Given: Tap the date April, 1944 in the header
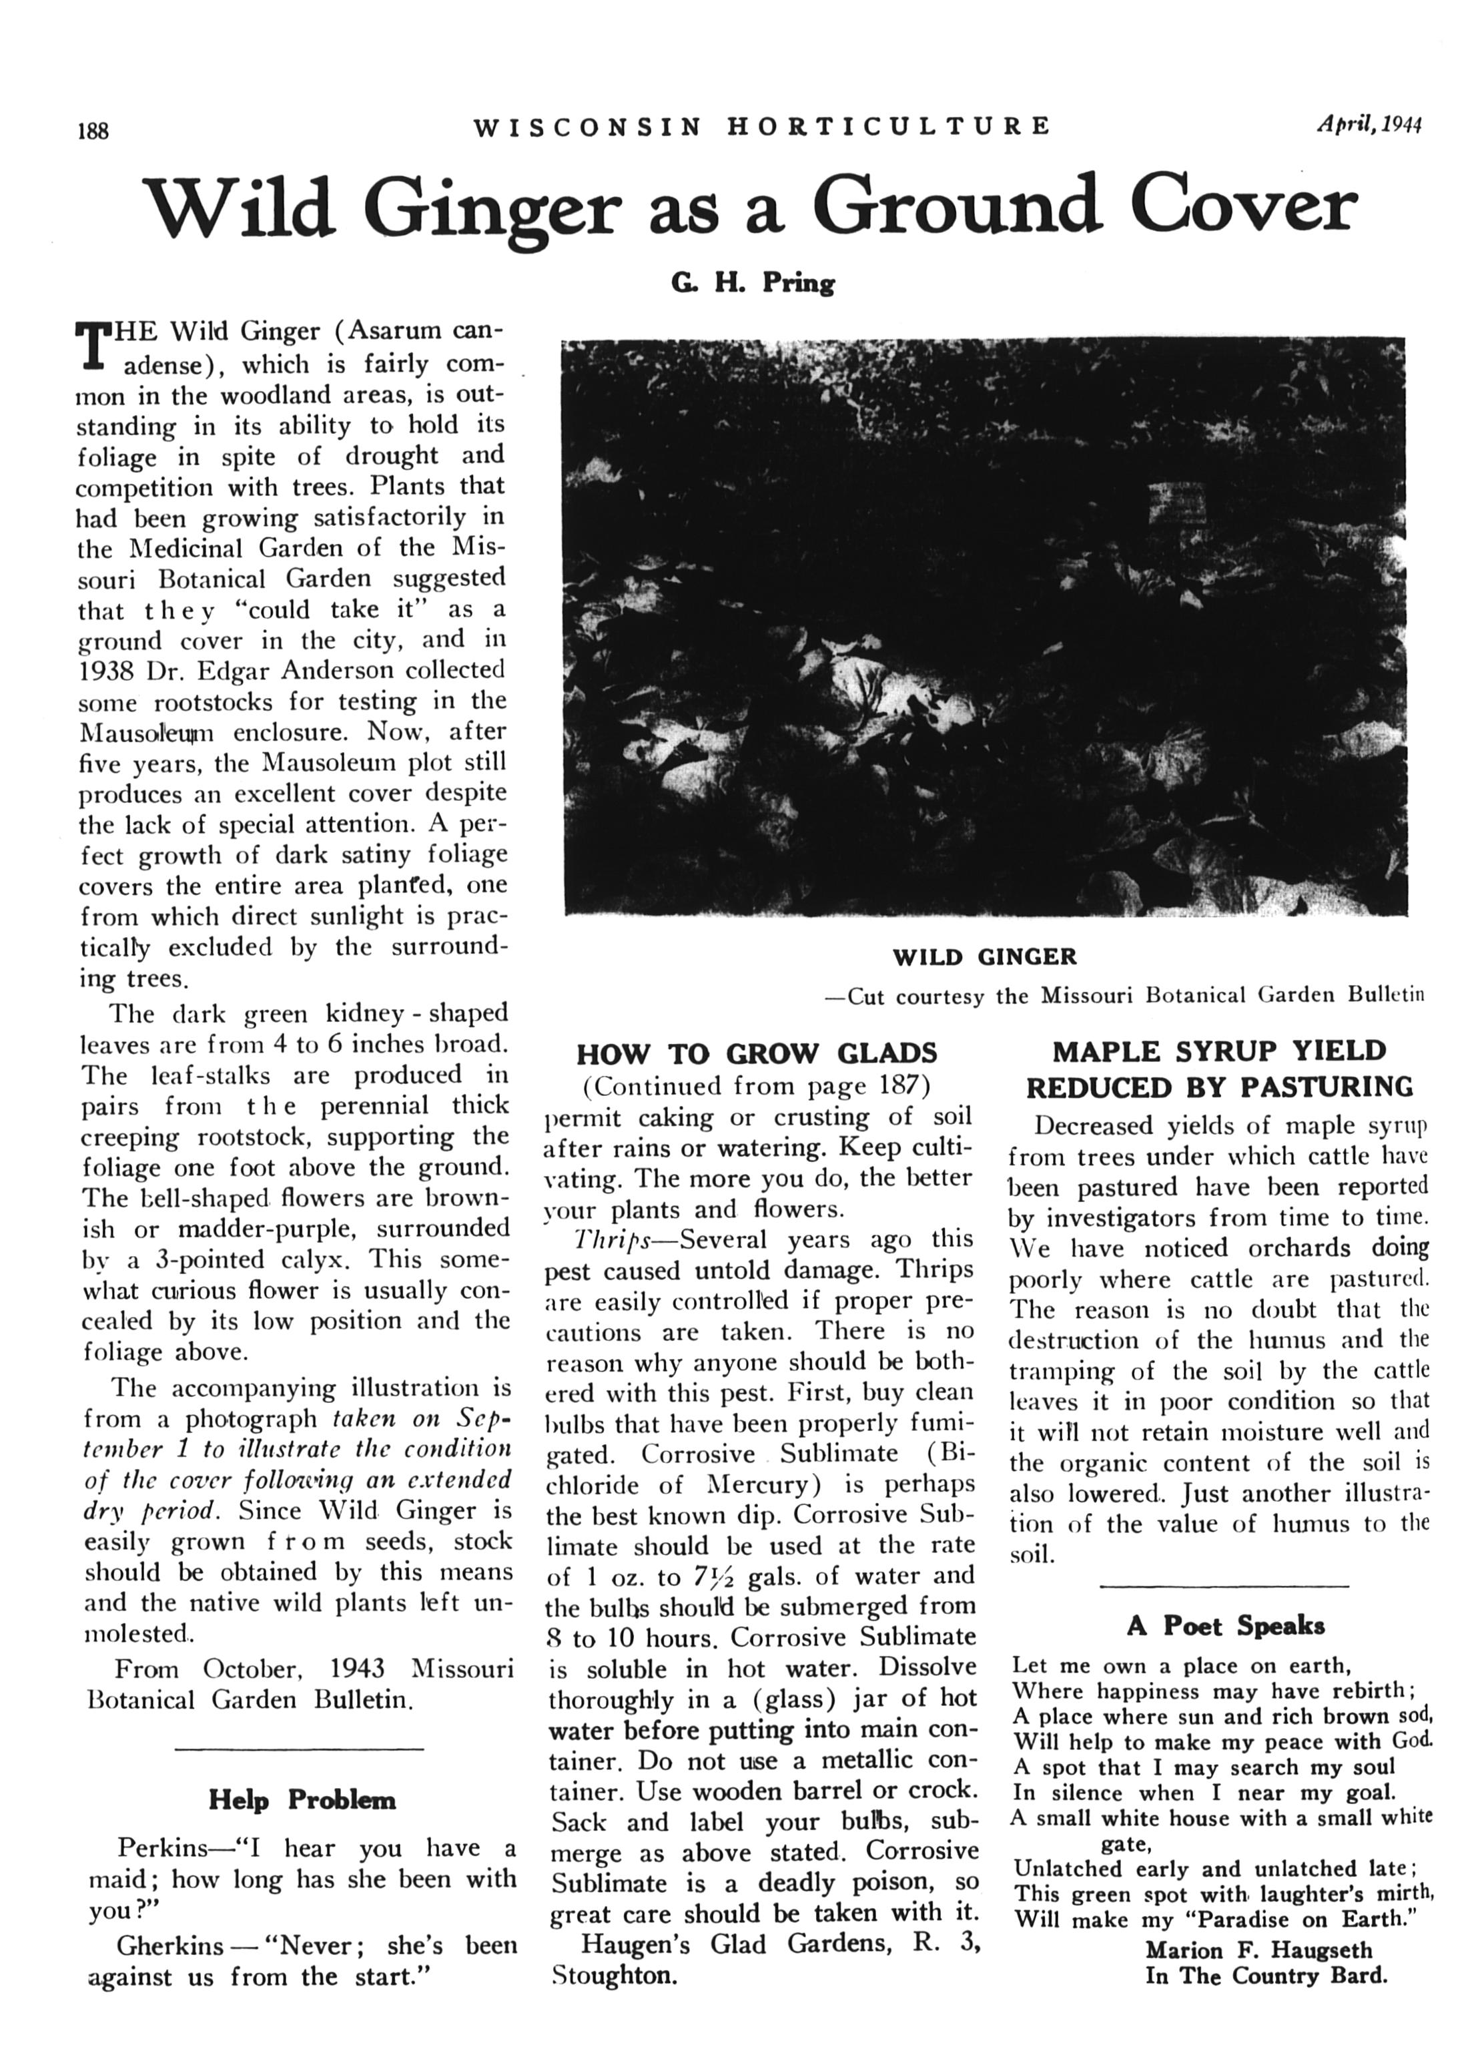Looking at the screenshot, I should click(x=1368, y=125).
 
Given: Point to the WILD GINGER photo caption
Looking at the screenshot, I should click(x=984, y=957).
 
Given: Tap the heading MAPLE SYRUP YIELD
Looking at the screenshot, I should click(x=1219, y=1051).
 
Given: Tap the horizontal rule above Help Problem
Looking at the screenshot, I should click(x=299, y=1747).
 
